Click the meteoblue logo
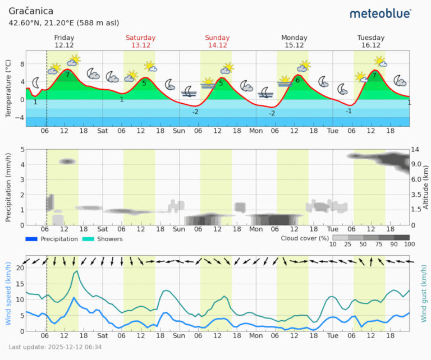380,13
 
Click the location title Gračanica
31,11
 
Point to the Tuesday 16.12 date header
371,41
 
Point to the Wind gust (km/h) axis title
424,296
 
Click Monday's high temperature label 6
297,80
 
